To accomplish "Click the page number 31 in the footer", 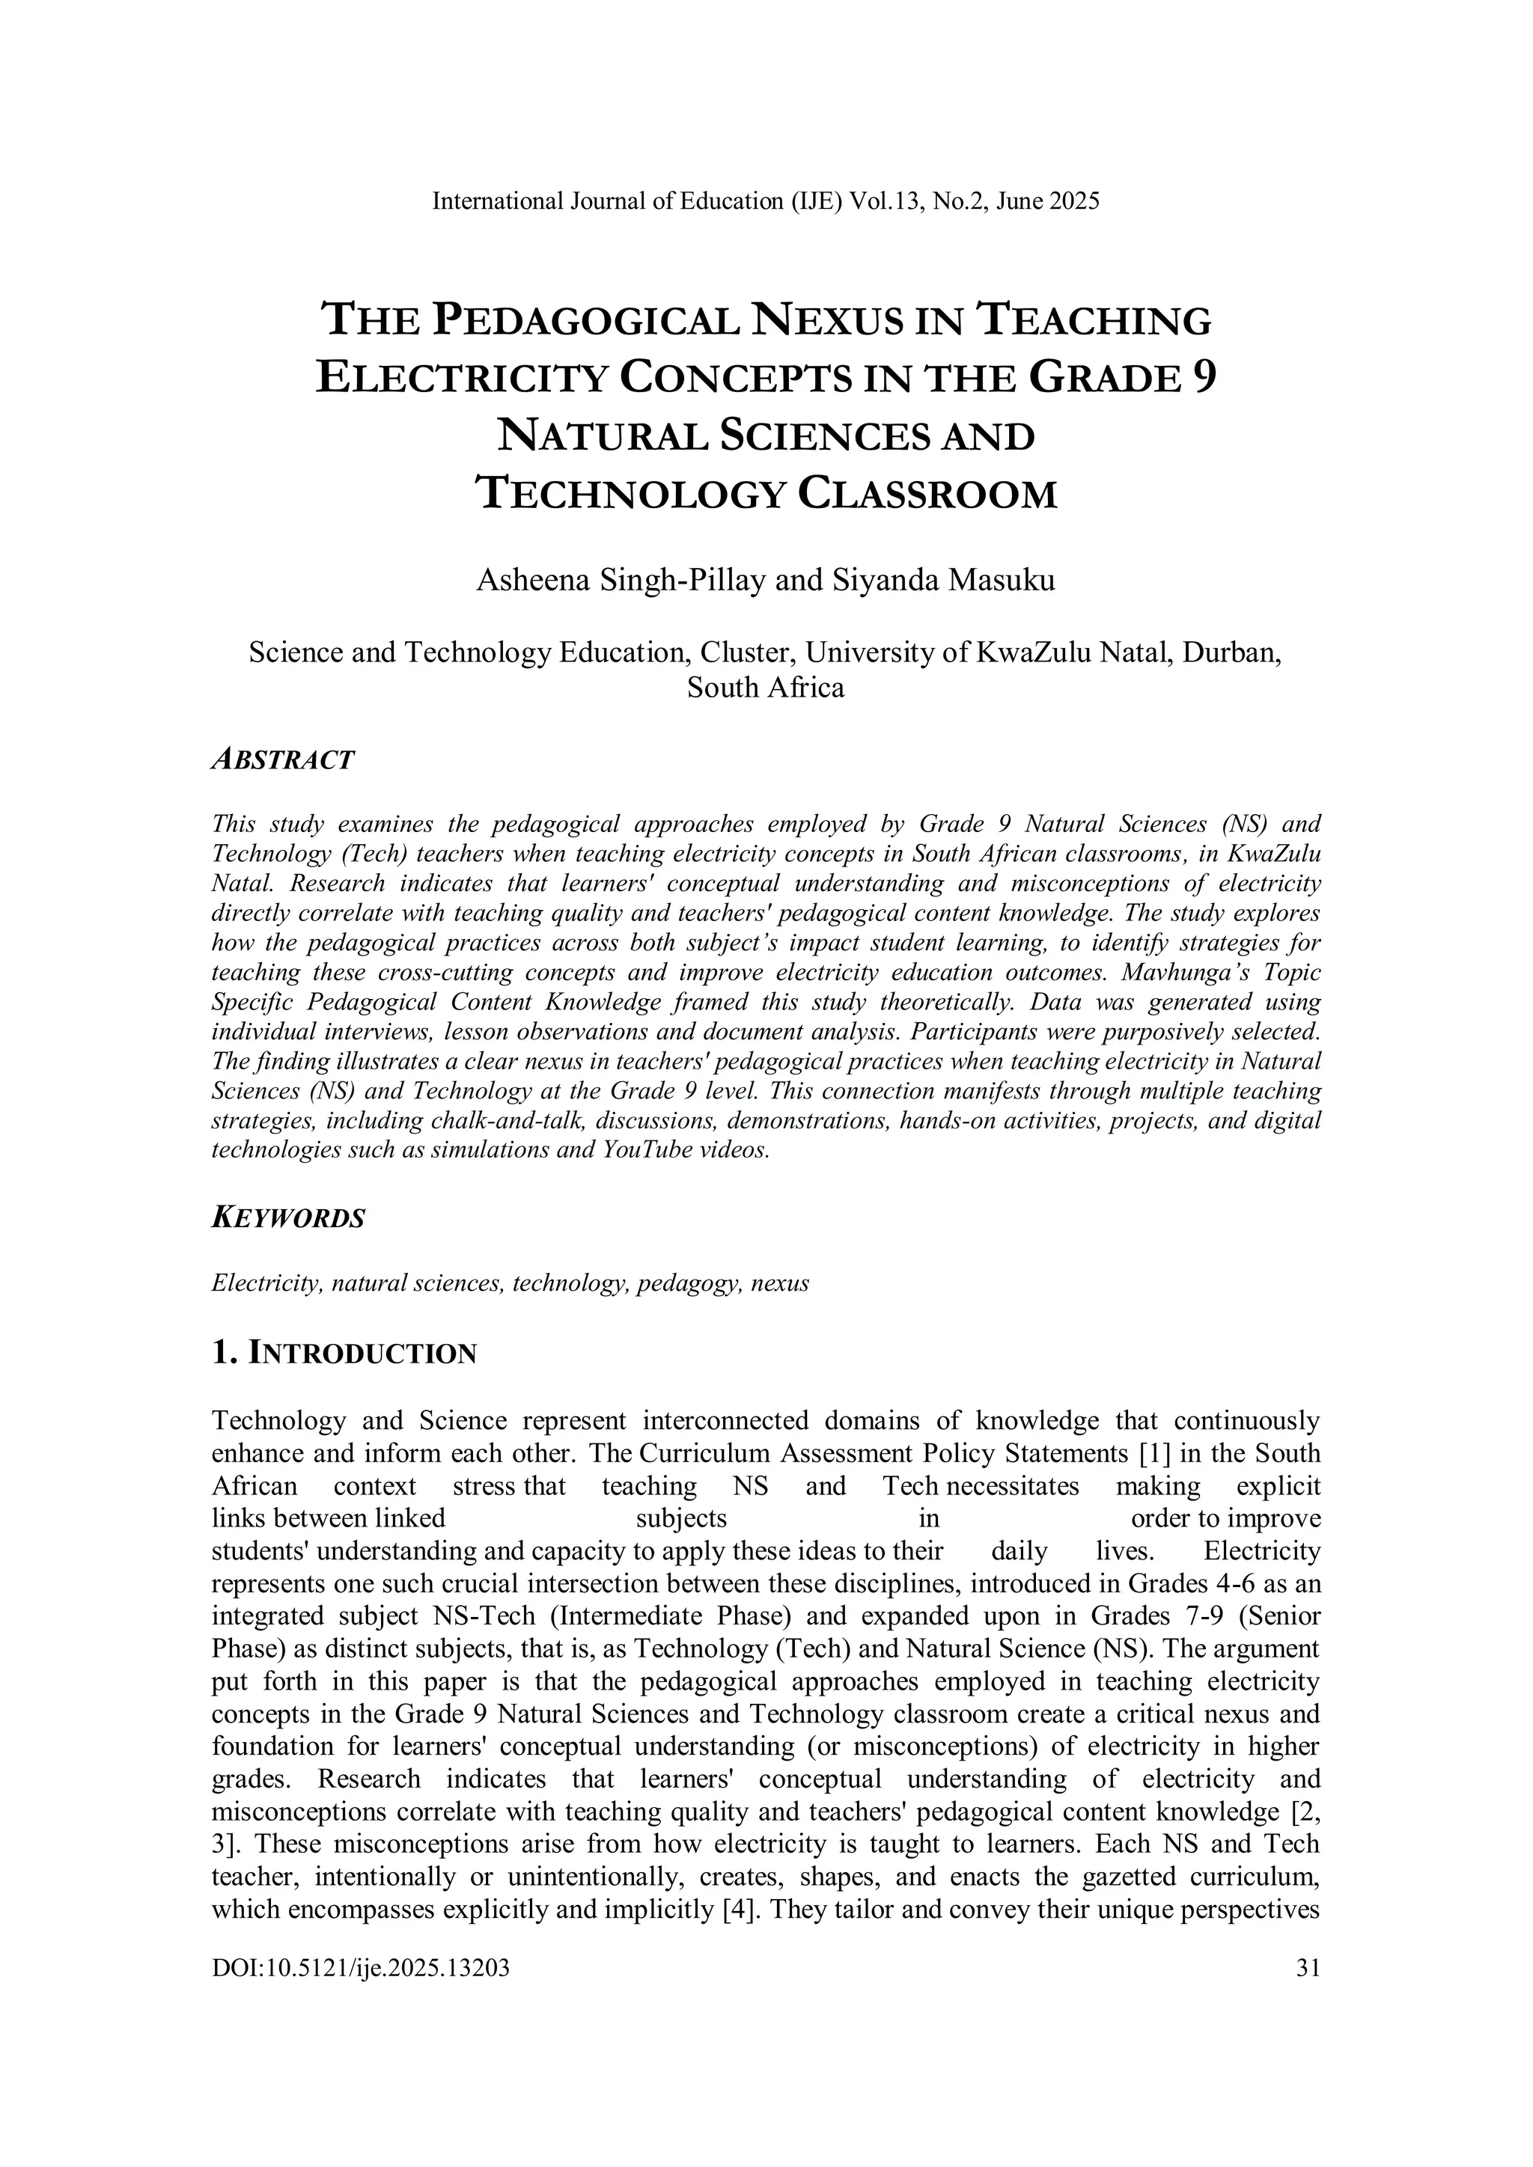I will (1308, 1968).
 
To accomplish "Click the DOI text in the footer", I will (361, 1968).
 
